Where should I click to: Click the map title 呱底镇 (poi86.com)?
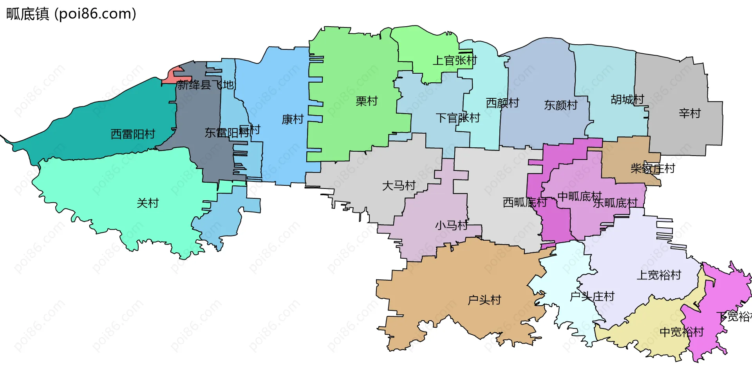[x=71, y=14]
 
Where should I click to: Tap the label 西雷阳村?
[x=133, y=134]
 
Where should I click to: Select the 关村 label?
[x=148, y=203]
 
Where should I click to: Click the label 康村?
[x=293, y=119]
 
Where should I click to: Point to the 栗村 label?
[x=367, y=101]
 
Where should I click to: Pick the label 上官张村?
[x=455, y=60]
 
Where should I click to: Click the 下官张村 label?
[x=458, y=118]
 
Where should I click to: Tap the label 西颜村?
[x=503, y=103]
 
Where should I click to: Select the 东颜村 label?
[x=561, y=105]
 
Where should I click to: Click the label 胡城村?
[x=627, y=100]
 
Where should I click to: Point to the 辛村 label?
[x=690, y=114]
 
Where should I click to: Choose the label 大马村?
[x=399, y=185]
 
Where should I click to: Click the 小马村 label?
[x=451, y=225]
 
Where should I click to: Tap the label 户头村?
[x=484, y=300]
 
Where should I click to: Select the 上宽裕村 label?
[x=659, y=275]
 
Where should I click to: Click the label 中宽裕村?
[x=682, y=332]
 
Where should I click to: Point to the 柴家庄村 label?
[x=653, y=169]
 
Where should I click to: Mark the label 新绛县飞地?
[x=205, y=85]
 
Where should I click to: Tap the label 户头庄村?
[x=592, y=297]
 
